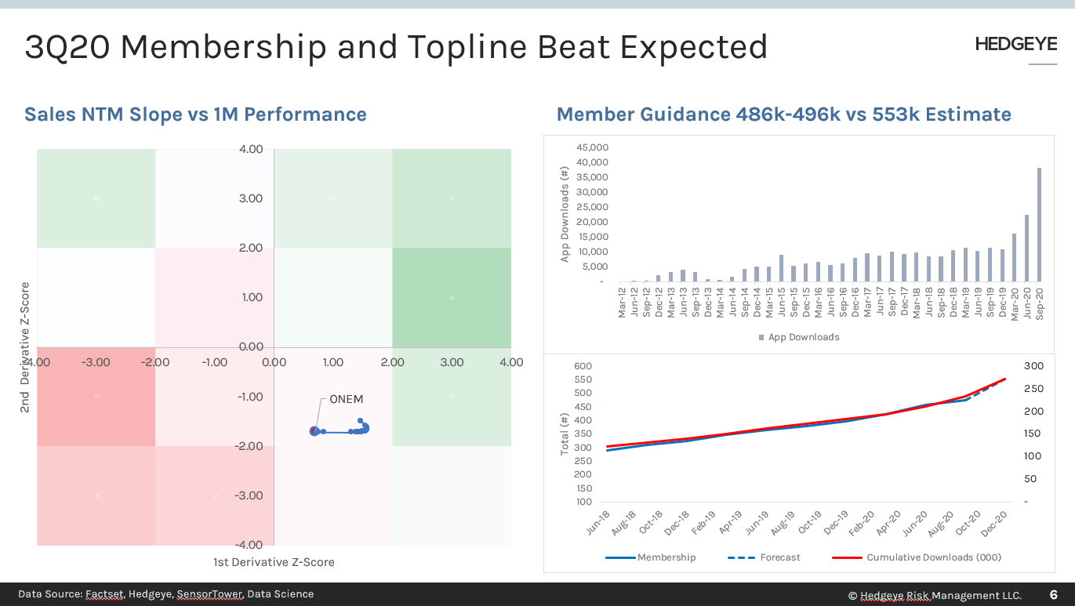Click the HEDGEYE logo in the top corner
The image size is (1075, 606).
[1015, 45]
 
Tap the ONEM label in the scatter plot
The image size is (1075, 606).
[346, 399]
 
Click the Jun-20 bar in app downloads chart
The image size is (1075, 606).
[1027, 249]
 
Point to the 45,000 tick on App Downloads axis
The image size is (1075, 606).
[592, 147]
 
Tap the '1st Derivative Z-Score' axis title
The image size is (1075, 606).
[274, 562]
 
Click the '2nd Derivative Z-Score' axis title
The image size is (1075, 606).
[25, 347]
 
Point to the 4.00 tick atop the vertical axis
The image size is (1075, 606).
[251, 149]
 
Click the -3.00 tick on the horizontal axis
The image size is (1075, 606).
[96, 362]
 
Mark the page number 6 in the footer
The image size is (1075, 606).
[1053, 595]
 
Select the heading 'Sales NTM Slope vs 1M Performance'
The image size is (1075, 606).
[195, 114]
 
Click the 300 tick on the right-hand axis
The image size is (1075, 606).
[1033, 366]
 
